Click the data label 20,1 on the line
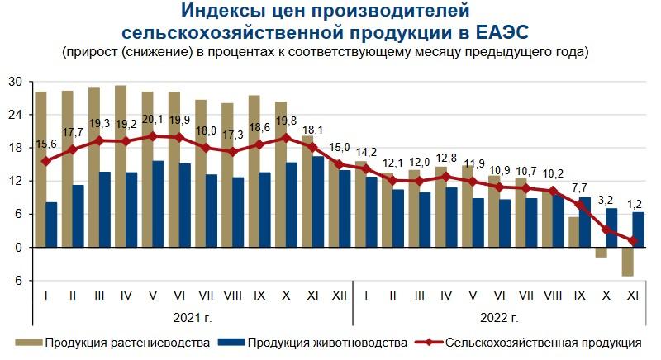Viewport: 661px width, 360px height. (153, 120)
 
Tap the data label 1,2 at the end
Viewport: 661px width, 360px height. (634, 226)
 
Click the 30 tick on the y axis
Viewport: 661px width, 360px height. (16, 81)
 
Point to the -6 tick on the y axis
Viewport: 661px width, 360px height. (16, 281)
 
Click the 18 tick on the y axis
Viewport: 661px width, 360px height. (16, 148)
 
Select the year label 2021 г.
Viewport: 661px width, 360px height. (193, 317)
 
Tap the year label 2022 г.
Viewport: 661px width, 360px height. (498, 317)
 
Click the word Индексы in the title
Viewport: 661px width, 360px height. (220, 12)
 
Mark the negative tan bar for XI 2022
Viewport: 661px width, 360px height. (628, 262)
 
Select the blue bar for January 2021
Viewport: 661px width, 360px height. (51, 225)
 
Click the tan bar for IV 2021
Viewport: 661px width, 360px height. (121, 166)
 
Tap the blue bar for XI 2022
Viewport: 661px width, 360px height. (639, 230)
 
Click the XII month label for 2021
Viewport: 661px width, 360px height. (339, 295)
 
